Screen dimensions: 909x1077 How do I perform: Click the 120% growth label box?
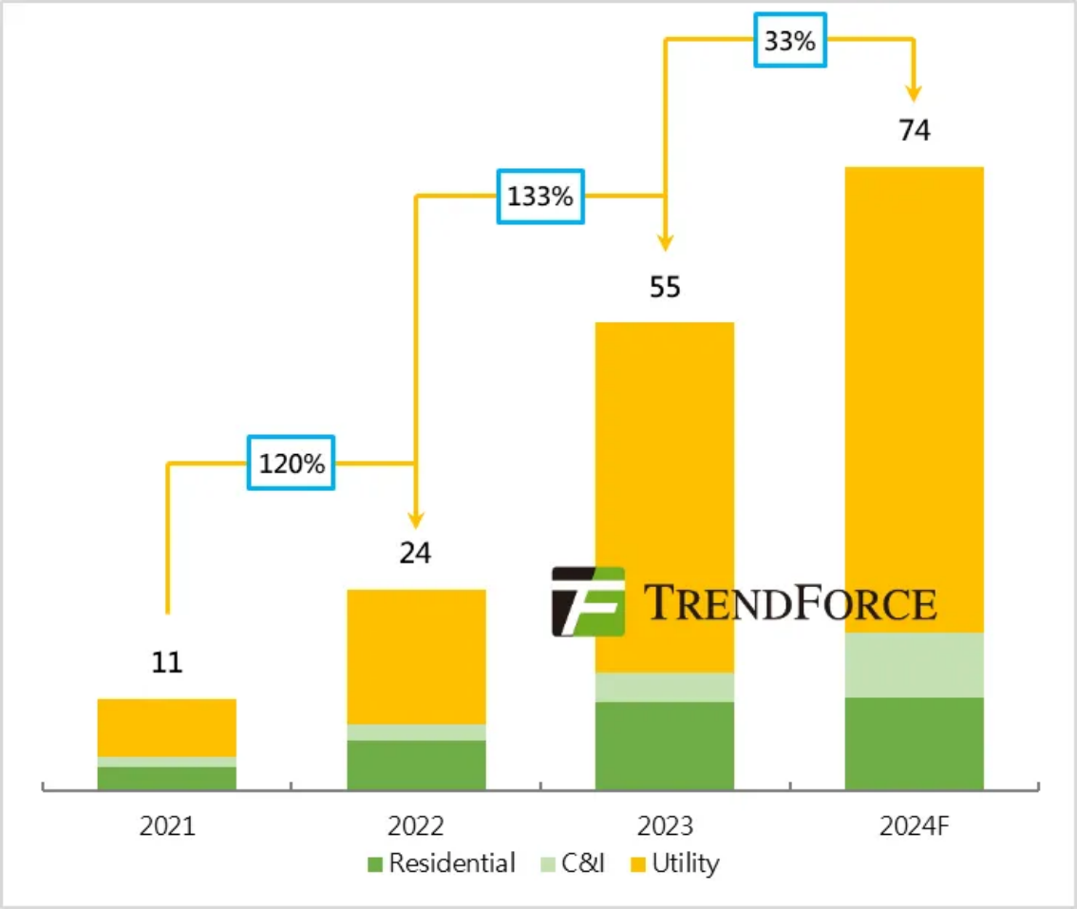[291, 463]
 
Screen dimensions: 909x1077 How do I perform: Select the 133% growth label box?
[539, 197]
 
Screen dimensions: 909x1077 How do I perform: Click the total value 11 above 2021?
[167, 662]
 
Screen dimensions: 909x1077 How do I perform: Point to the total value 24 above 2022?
[415, 553]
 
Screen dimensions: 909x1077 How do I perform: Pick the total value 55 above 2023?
[665, 287]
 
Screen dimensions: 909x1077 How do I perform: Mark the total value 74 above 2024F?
[914, 131]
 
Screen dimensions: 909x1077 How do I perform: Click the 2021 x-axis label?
[167, 826]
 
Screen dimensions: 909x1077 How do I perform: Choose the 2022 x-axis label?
[415, 826]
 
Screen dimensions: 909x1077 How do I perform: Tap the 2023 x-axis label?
[665, 826]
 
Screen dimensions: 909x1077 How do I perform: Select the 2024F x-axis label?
[914, 826]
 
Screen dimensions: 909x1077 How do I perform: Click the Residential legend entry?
[442, 863]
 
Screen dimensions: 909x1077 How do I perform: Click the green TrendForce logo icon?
[588, 601]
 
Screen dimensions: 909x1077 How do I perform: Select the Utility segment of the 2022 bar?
[416, 656]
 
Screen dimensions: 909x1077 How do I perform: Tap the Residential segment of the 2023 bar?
[665, 745]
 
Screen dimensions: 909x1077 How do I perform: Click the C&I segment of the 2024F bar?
[914, 664]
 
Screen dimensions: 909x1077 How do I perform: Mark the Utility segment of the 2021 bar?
[167, 728]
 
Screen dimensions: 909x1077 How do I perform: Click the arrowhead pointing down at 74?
[914, 93]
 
